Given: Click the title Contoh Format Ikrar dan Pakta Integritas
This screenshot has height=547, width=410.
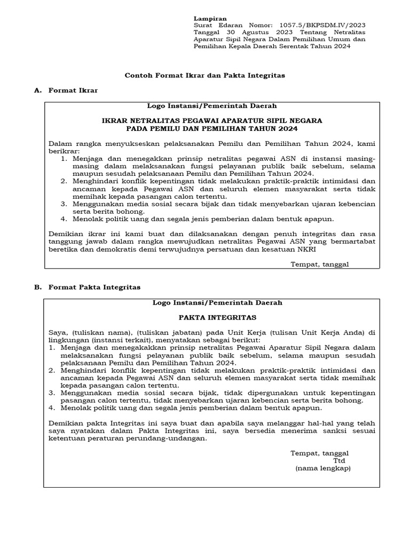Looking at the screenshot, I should pos(204,75).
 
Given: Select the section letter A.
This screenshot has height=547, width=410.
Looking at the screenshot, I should pos(37,91).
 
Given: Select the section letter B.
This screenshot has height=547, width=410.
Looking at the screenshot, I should pos(37,287).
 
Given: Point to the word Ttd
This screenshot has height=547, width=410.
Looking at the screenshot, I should pos(339,460).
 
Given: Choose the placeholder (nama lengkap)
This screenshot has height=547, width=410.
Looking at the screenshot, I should pos(323,468).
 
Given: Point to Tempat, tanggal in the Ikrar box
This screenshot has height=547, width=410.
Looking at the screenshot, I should pos(319,264).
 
